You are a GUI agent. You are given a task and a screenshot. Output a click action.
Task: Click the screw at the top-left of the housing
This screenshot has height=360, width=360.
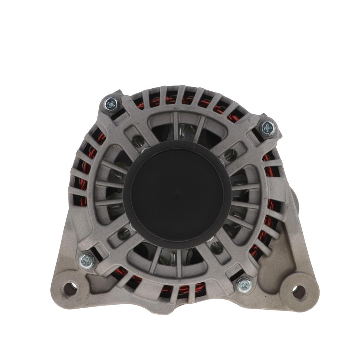pyautogui.click(x=111, y=104)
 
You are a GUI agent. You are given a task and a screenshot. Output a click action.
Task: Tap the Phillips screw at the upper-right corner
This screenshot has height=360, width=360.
pyautogui.click(x=268, y=127)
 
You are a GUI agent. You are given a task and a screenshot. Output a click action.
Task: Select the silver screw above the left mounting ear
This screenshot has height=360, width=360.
pyautogui.click(x=87, y=261)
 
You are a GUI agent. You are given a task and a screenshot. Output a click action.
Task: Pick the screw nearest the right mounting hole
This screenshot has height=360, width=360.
pyautogui.click(x=244, y=284)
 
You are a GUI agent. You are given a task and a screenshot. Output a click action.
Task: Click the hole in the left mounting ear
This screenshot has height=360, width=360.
pyautogui.click(x=70, y=289)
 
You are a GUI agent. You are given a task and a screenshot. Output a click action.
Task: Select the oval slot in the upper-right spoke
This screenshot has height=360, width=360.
pyautogui.click(x=230, y=153)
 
